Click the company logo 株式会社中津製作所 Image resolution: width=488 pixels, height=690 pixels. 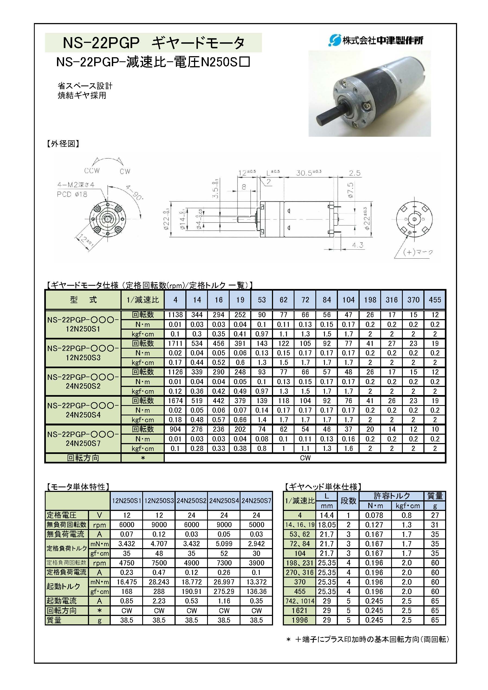click(x=376, y=40)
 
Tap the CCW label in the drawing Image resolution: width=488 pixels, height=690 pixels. click(x=92, y=171)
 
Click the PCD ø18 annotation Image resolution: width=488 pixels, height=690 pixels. click(x=72, y=195)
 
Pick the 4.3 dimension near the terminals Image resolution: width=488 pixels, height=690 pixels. click(x=357, y=245)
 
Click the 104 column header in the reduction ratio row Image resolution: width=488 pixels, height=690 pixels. click(x=348, y=300)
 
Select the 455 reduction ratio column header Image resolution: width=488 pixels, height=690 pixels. click(x=435, y=300)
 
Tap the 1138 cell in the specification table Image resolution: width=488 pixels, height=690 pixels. click(x=175, y=315)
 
